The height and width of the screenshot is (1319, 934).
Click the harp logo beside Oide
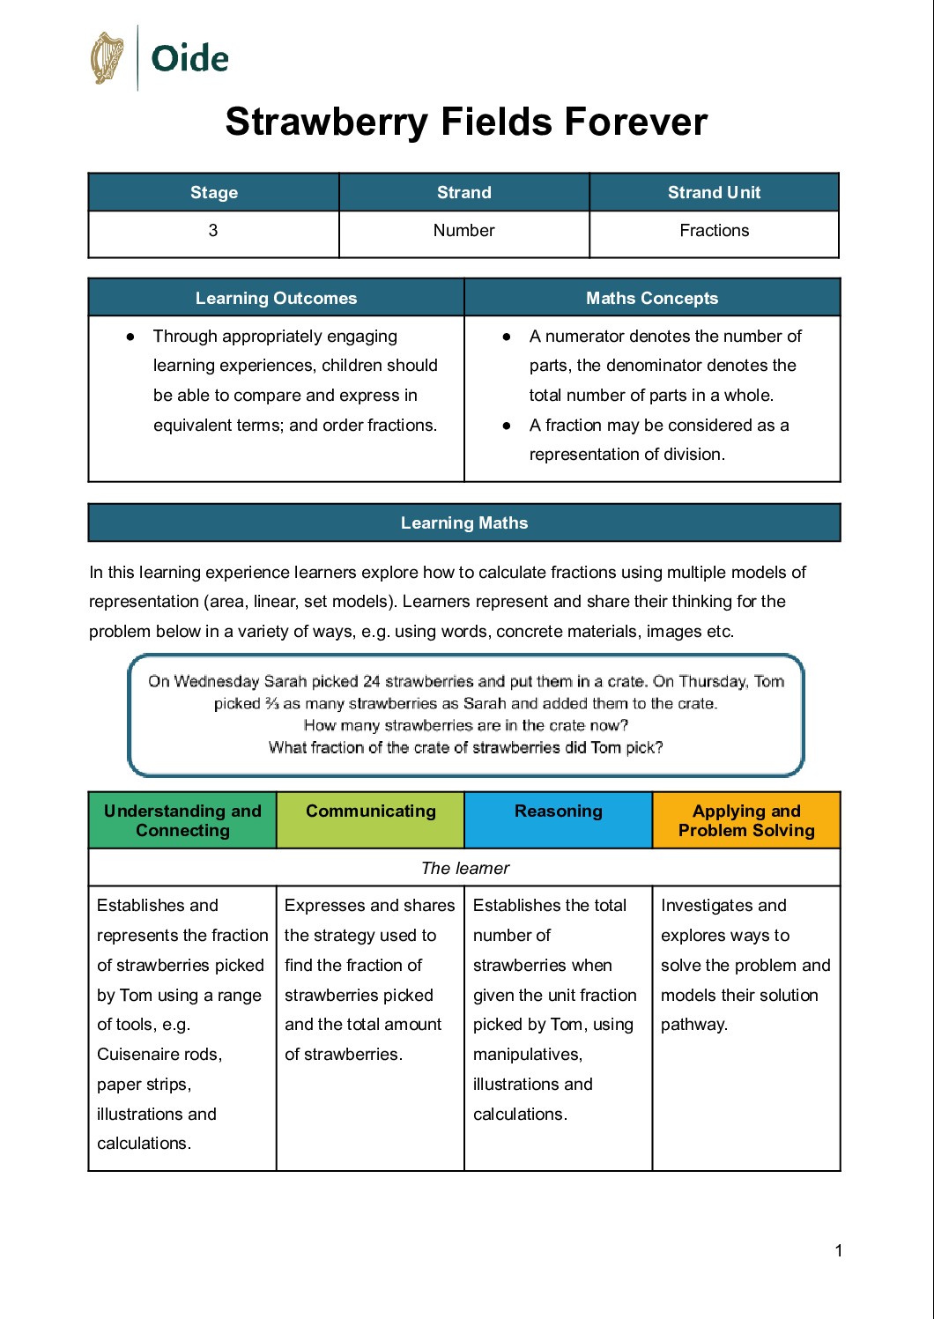pyautogui.click(x=107, y=58)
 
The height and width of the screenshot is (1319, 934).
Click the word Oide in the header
pyautogui.click(x=189, y=59)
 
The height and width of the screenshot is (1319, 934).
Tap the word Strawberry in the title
pyautogui.click(x=326, y=122)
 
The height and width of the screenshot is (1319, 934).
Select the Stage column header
pyautogui.click(x=214, y=193)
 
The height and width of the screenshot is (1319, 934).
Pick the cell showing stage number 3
pyautogui.click(x=213, y=231)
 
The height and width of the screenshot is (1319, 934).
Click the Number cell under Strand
pyautogui.click(x=463, y=231)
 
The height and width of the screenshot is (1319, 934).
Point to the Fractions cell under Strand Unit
pyautogui.click(x=714, y=231)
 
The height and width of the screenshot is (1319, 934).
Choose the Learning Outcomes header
pyautogui.click(x=276, y=299)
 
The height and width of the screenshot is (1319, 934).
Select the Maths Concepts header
pyautogui.click(x=652, y=299)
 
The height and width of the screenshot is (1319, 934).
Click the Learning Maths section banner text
pyautogui.click(x=464, y=523)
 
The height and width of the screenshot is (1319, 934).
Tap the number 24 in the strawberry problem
pyautogui.click(x=372, y=681)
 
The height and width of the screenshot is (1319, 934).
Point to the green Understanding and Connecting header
pyautogui.click(x=182, y=820)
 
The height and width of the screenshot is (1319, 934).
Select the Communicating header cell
pyautogui.click(x=370, y=811)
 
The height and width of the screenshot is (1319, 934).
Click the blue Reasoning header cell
pyautogui.click(x=559, y=811)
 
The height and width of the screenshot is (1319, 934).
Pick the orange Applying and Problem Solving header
pyautogui.click(x=746, y=820)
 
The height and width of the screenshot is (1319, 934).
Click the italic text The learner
pyautogui.click(x=465, y=869)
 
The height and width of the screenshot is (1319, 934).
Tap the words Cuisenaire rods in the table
pyautogui.click(x=159, y=1055)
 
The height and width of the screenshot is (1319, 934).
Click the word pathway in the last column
pyautogui.click(x=693, y=1025)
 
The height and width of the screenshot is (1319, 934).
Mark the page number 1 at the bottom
pyautogui.click(x=839, y=1250)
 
